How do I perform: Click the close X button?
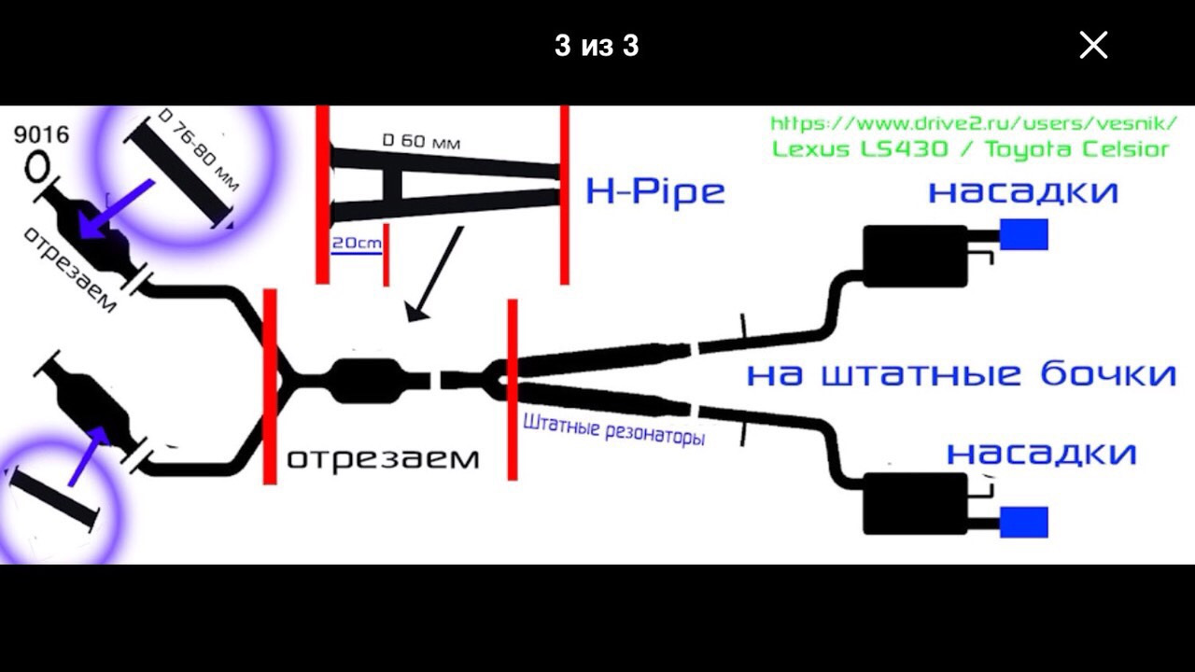point(1093,45)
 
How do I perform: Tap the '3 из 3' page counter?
point(597,46)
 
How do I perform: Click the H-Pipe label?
point(655,191)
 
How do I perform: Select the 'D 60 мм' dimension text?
point(421,141)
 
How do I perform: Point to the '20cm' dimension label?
point(357,243)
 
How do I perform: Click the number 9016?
point(41,134)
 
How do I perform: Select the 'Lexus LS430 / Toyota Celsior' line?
point(970,149)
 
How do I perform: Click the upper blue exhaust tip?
point(1023,234)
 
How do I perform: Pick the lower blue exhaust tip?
point(1023,521)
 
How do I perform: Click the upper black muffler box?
point(914,256)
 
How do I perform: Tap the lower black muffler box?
point(914,503)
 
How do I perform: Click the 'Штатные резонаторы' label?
point(613,430)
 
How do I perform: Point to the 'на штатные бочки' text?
point(961,373)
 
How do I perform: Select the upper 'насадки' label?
point(1023,191)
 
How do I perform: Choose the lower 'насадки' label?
point(1041,453)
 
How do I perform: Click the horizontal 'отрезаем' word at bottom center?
point(383,458)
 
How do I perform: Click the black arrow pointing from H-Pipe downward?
point(435,273)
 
